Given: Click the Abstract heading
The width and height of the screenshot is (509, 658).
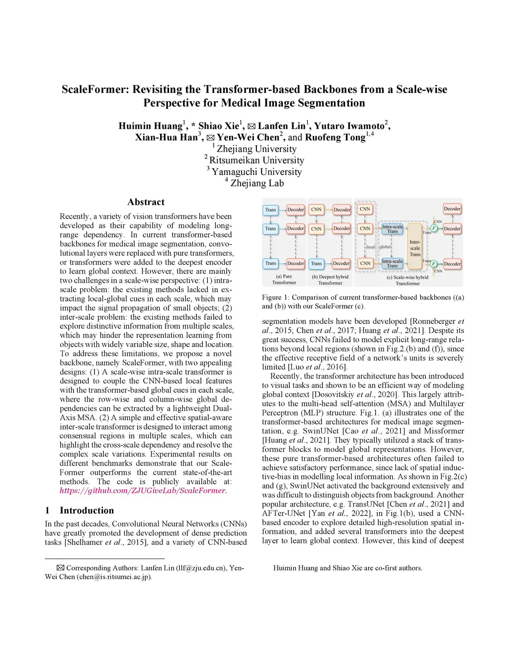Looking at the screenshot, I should [x=146, y=202].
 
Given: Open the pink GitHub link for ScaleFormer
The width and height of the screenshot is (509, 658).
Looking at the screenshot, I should [x=143, y=491].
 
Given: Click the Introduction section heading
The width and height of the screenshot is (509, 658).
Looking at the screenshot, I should [x=86, y=511].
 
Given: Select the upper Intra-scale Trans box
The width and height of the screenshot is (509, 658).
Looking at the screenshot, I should [x=392, y=229].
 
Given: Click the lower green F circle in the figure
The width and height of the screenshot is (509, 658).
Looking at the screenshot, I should [x=433, y=264].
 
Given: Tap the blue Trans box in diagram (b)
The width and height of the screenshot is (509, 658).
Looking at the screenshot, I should [x=316, y=263].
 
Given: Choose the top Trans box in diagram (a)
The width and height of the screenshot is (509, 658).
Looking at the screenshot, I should [x=270, y=210].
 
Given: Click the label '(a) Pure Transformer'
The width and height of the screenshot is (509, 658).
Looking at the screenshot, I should [x=284, y=280].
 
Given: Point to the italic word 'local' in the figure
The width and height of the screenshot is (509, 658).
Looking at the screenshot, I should [x=370, y=246].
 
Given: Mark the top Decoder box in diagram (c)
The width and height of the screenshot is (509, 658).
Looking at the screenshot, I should [x=452, y=209].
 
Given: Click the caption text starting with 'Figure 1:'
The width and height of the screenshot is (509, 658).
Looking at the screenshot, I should [x=363, y=301].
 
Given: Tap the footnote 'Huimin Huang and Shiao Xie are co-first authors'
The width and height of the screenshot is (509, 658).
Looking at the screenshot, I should [x=347, y=568].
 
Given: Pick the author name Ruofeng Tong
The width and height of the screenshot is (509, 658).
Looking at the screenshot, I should [x=335, y=138].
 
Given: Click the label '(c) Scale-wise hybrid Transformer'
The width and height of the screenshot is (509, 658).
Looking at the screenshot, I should [x=408, y=280].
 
